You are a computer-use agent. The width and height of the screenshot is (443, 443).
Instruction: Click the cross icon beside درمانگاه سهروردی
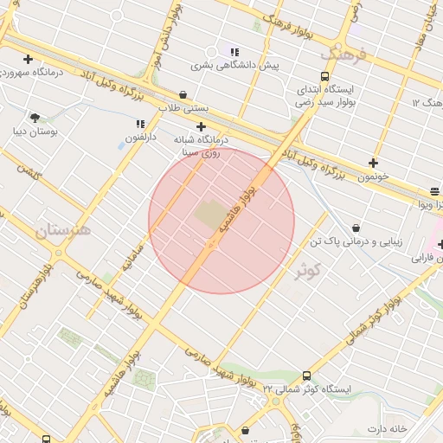tap(29, 60)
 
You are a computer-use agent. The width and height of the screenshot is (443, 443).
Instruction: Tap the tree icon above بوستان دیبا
tap(35, 118)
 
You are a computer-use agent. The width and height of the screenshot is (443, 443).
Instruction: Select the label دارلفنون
tap(139, 138)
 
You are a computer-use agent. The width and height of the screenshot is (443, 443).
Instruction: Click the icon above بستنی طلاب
tap(183, 95)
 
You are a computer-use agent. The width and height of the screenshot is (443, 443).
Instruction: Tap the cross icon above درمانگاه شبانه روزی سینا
tap(201, 126)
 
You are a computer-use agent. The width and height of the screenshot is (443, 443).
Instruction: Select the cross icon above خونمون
tap(373, 163)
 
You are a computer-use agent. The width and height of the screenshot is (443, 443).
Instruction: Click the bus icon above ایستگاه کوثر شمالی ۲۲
tap(306, 376)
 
